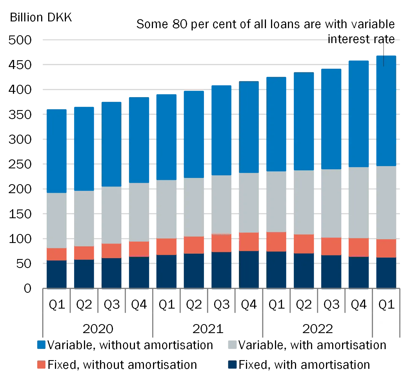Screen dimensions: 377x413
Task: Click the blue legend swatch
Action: coord(41,345)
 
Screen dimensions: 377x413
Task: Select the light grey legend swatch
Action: coord(233,345)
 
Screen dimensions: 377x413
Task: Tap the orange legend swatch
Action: coord(41,365)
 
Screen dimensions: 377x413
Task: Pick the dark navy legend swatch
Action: coord(233,365)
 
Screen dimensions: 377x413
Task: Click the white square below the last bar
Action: coord(389,329)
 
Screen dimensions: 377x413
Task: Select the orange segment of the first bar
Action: coord(56,254)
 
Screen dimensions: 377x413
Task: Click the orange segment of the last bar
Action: coord(386,248)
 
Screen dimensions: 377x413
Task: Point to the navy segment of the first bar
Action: coord(56,274)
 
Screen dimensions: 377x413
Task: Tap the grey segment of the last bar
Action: coord(386,203)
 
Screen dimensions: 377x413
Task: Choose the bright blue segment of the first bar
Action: coord(56,151)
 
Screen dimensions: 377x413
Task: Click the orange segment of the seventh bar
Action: coord(221,243)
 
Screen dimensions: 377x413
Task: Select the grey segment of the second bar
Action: coord(84,218)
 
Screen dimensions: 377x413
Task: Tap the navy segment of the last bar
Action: coord(386,273)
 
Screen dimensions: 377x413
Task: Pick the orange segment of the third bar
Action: coord(111,251)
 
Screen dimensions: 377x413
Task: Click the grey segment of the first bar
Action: coord(56,220)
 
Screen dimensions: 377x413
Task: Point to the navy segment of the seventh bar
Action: coord(221,270)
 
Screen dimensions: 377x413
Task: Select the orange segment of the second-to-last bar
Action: coord(359,247)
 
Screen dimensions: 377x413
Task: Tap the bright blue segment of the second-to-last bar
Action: coord(359,113)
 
